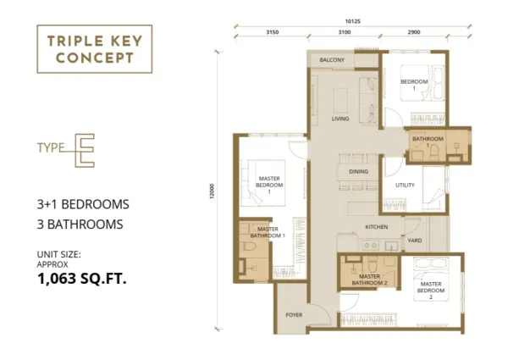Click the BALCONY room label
coord(332,60)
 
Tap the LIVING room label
coord(340,119)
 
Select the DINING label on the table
coord(358,171)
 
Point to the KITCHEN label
coord(377,227)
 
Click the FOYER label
coord(294,314)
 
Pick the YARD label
coord(415,241)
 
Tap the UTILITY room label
coord(405,185)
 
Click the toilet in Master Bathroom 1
coord(248,246)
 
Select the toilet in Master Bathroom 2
coord(373,263)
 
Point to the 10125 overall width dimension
coord(353,21)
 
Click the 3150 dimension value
coord(272,32)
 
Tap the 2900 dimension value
coord(414,32)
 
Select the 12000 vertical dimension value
coord(213,191)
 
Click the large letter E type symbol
coord(85,150)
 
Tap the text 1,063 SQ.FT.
coord(82,279)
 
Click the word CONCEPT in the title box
coord(95,58)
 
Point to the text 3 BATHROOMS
coord(80,224)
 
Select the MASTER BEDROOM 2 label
coord(431,291)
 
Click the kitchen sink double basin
coord(372,246)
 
